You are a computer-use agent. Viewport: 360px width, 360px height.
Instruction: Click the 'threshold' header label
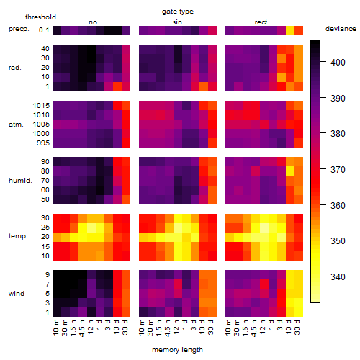click(40, 17)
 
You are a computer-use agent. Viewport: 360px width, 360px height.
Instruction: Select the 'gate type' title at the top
click(178, 12)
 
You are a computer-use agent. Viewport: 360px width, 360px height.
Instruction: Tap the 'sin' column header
click(177, 22)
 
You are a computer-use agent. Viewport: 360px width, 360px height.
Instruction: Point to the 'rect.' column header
click(261, 22)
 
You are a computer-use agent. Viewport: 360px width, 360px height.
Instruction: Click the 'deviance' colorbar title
click(341, 29)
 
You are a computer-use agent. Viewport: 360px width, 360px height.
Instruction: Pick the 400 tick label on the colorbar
click(338, 63)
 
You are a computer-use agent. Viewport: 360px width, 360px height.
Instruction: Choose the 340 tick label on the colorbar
click(338, 277)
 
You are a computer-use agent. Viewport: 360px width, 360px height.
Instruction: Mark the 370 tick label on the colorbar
click(338, 170)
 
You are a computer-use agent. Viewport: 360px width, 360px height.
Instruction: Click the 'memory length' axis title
click(178, 350)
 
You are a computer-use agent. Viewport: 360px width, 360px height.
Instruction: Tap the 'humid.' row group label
click(20, 181)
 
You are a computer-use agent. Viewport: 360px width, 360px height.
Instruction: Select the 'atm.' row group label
click(16, 125)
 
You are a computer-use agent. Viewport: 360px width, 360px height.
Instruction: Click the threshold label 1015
click(41, 106)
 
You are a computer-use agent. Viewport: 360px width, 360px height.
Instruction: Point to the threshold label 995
click(43, 143)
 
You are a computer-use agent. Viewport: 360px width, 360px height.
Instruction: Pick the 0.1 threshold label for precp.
click(44, 30)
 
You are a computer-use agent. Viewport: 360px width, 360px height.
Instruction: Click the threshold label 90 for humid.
click(45, 162)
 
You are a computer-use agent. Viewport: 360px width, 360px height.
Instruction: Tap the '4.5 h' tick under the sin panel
click(168, 328)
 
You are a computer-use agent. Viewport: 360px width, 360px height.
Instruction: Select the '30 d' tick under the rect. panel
click(297, 328)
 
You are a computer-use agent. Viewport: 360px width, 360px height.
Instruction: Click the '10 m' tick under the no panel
click(56, 328)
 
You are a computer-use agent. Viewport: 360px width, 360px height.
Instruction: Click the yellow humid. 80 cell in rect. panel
click(290, 171)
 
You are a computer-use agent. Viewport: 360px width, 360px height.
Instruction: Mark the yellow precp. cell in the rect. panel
click(290, 30)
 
